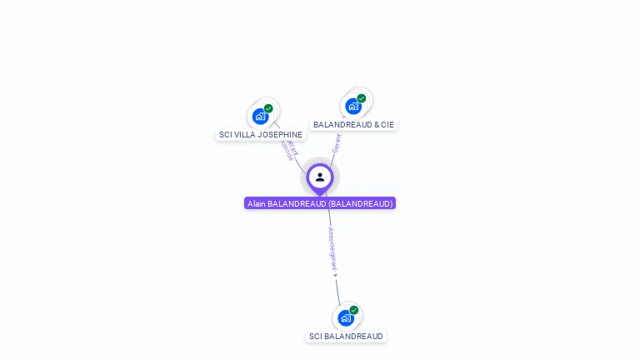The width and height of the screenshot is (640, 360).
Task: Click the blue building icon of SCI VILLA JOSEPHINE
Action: [260, 117]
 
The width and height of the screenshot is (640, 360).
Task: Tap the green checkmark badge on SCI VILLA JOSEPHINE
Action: [268, 108]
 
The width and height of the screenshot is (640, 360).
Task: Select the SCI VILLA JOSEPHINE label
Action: [260, 134]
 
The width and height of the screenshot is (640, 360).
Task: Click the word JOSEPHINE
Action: [281, 134]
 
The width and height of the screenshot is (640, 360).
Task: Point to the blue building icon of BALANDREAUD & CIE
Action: [353, 107]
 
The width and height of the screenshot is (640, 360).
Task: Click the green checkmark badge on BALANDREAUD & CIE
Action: [362, 98]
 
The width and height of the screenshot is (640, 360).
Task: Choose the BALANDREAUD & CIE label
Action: [353, 124]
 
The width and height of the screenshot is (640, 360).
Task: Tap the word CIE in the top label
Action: [387, 124]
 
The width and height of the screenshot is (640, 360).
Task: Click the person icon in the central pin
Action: [320, 177]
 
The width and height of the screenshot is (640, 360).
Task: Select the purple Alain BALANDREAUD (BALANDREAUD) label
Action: [320, 203]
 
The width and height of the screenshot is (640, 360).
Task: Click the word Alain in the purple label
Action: [256, 203]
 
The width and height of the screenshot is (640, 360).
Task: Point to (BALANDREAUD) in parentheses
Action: [360, 203]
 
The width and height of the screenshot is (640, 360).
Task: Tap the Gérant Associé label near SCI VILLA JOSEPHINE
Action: [288, 151]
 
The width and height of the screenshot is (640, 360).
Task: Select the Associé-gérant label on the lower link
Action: [332, 248]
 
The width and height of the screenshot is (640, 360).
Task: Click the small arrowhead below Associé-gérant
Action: [335, 275]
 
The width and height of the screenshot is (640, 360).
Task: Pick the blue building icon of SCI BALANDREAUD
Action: [345, 318]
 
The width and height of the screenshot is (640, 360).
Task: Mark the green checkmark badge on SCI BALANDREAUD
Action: [354, 310]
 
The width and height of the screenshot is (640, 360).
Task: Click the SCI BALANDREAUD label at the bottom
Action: [346, 337]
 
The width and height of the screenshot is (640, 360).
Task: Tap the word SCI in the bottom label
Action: [315, 337]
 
